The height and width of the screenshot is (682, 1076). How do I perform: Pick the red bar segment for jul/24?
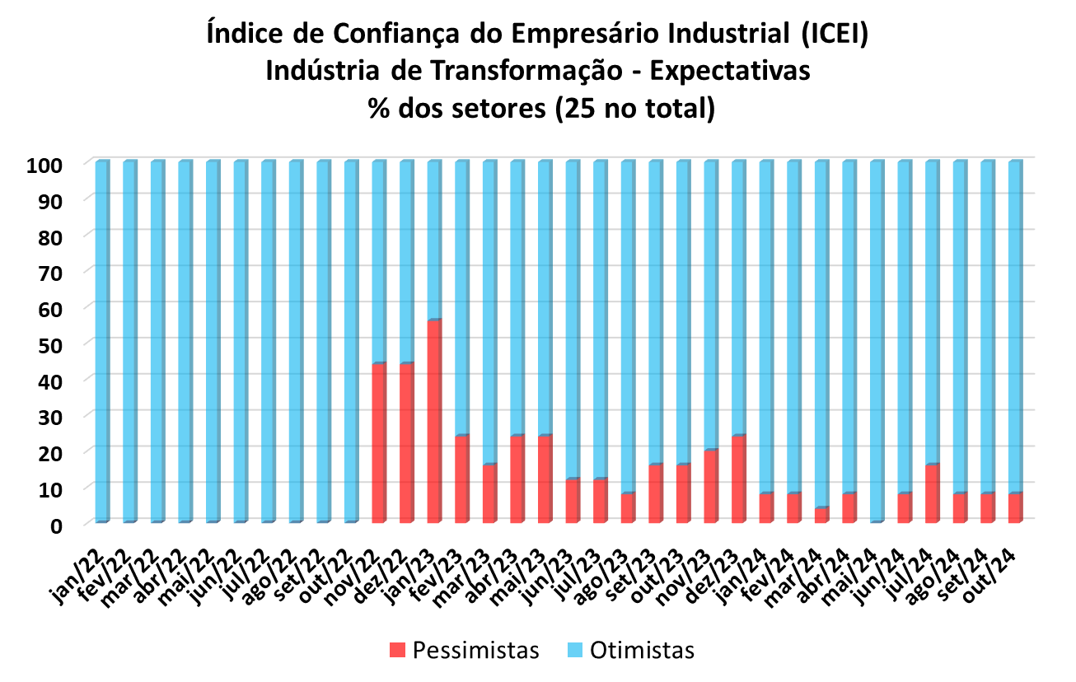[933, 493]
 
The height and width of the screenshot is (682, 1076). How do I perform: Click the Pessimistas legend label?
[476, 651]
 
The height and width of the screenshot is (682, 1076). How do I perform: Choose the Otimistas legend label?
[643, 651]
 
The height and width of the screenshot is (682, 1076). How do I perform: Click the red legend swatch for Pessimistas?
[398, 651]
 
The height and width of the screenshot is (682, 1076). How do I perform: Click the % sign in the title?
[380, 108]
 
